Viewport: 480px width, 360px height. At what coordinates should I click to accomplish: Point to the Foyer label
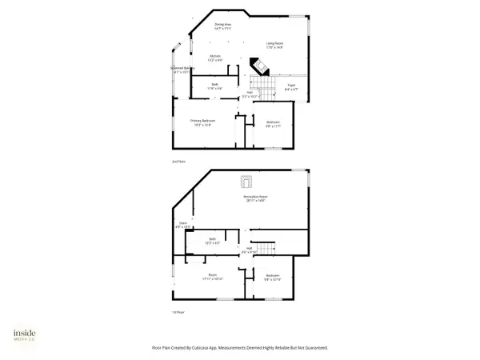291,89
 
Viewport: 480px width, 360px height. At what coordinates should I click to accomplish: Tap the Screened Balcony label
182,70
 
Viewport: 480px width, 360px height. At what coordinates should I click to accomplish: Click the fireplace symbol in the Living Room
260,66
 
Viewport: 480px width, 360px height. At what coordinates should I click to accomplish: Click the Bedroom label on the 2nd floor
273,123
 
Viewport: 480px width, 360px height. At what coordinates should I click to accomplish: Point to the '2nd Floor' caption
178,161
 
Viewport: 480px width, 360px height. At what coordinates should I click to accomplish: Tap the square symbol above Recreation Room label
249,180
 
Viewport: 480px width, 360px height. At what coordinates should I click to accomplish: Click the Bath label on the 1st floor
213,240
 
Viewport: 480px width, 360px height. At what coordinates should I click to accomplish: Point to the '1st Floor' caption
178,312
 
